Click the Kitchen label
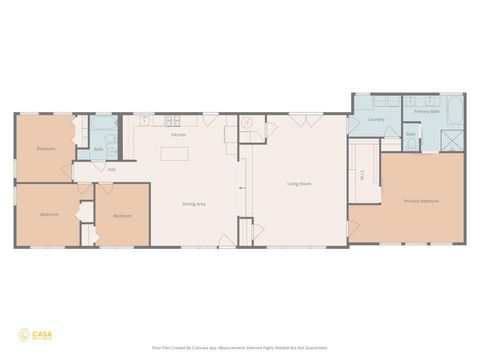coord(178,134)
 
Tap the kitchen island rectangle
coord(176,155)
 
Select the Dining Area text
coord(194,204)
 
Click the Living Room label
coord(299,184)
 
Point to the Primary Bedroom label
coord(421,201)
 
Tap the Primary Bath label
coord(428,112)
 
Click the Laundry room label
coord(376,119)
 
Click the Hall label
coord(112,169)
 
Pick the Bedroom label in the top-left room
coord(46,148)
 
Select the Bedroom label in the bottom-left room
coord(49,215)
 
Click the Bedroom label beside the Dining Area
coord(122,216)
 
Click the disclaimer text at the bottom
coord(240,349)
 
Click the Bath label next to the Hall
coord(98,151)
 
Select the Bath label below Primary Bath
coord(411,134)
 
